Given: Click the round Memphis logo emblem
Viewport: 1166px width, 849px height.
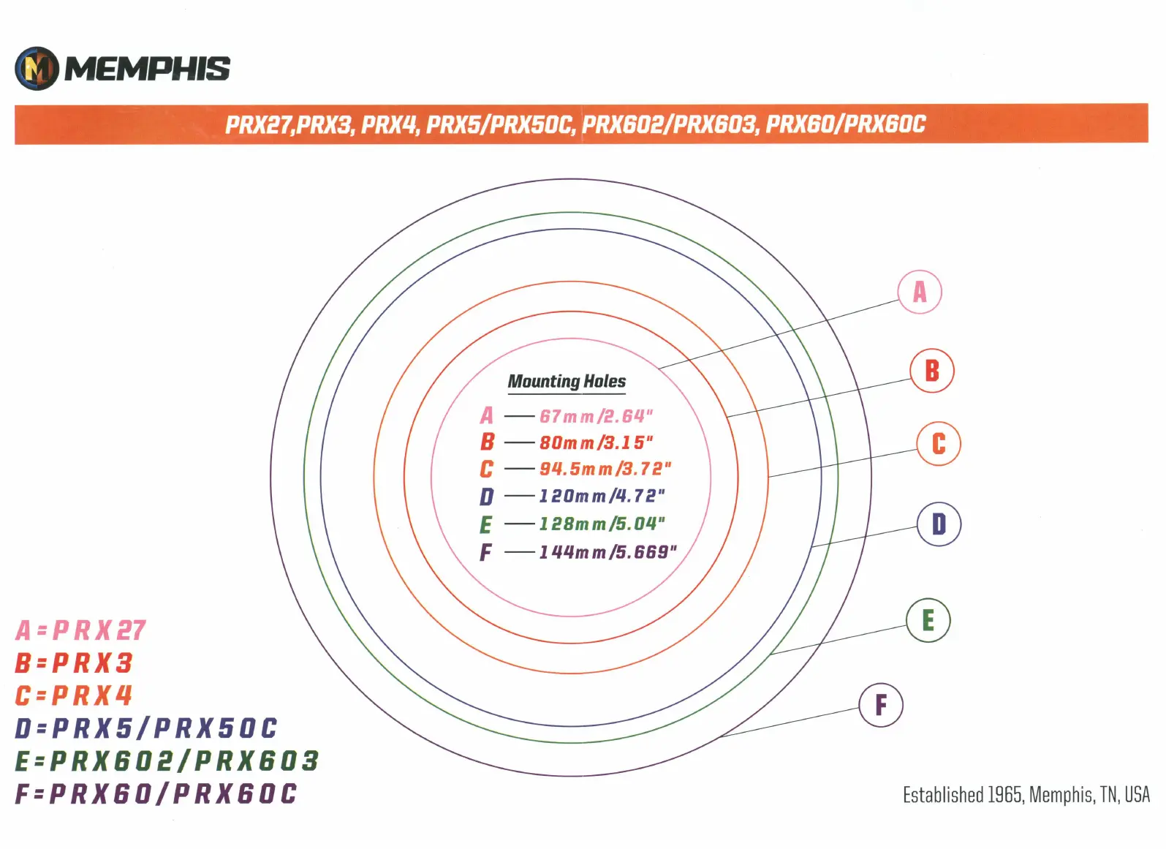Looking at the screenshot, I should coord(37,69).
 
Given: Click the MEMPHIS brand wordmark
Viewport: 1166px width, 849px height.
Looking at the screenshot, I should coord(148,69).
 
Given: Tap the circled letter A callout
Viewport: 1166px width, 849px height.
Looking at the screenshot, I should coord(920,292).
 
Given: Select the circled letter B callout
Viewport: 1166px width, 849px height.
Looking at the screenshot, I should coord(932,371).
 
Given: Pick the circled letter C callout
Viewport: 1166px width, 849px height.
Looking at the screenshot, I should coord(939,443).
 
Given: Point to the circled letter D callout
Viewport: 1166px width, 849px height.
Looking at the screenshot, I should coord(939,524).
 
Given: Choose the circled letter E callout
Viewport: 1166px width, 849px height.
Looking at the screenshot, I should coord(928,620).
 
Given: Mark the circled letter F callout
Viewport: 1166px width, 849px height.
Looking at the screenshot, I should coord(881,705).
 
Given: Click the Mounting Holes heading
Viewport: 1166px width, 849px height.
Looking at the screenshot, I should coord(567,382).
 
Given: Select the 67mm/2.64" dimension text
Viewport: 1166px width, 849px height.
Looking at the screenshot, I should coord(596,416).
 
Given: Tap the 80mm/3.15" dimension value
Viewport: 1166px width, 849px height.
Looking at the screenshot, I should coord(596,442).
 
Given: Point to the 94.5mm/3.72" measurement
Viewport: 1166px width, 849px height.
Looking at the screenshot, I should coord(605,469).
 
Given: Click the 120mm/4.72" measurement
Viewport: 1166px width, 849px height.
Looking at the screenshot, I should coord(602,496).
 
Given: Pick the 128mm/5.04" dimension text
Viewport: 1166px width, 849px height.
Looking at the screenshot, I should coord(602,524).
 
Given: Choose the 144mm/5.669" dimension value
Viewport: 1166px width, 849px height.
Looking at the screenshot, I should coord(607,552).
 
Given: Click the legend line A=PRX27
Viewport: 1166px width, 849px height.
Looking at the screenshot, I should coord(80,630).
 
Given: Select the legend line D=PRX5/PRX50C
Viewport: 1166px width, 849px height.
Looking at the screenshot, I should coord(146,728).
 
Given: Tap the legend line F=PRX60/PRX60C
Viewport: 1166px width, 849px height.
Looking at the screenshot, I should coord(156,793).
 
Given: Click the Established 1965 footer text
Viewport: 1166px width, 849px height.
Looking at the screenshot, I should coord(1026,795).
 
